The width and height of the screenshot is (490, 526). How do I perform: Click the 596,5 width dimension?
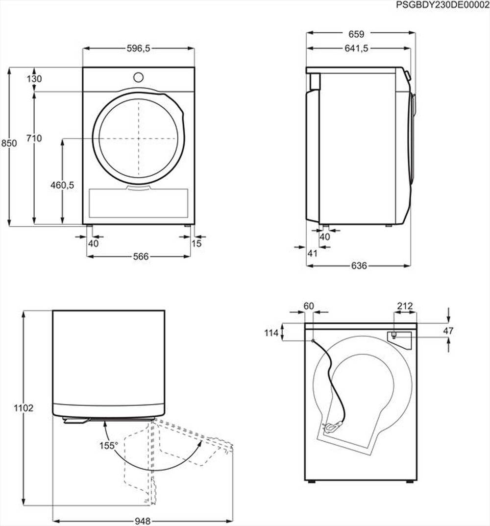139,48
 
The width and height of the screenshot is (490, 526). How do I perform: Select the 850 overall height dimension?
9,143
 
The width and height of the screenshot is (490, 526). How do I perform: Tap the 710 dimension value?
34,139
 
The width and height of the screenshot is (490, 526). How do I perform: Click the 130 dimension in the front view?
34,79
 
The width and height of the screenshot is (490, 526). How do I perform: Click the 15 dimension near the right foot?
196,243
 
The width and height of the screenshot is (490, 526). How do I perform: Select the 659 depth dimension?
356,34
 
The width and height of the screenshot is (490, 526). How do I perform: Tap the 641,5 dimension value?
356,48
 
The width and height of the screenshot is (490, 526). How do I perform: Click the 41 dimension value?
313,253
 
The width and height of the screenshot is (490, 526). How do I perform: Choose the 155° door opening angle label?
108,445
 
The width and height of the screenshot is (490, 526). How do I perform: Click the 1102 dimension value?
24,408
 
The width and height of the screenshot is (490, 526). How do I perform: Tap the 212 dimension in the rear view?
404,306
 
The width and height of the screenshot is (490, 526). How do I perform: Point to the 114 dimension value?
271,333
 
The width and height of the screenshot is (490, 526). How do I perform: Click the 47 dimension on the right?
448,331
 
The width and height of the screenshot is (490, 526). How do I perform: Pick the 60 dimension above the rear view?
309,306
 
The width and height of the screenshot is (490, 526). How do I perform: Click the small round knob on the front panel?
139,77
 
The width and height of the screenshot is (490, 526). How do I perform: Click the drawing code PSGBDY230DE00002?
442,4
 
